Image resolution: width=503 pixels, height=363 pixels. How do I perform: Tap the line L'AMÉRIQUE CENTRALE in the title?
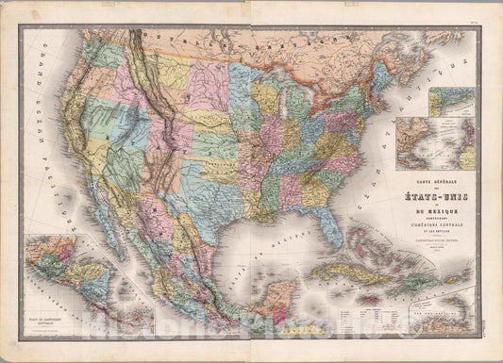click(435, 233)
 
